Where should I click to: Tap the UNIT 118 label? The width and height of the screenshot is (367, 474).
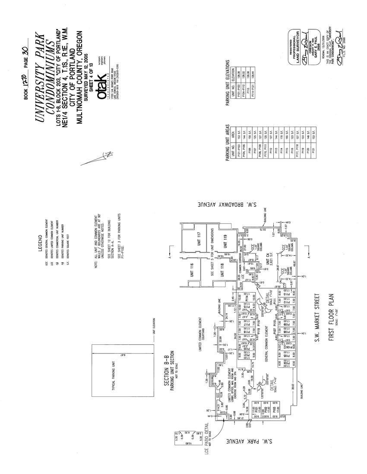(x=224, y=271)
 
